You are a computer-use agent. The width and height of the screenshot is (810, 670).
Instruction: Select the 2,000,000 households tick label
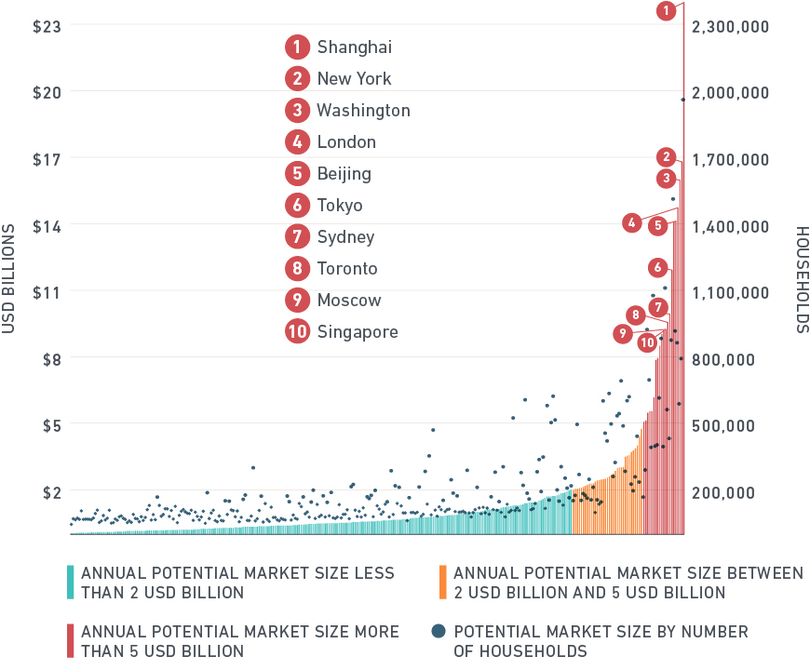731,93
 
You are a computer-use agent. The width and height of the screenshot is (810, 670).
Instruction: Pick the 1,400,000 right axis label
731,226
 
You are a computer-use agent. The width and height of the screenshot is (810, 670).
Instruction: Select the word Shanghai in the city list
354,47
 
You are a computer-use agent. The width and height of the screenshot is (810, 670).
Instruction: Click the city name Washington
363,110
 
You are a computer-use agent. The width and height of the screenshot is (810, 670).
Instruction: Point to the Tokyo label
340,205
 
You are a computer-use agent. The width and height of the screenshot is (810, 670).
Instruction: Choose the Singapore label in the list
358,331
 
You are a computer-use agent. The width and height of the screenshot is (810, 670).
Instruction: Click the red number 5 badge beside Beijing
297,173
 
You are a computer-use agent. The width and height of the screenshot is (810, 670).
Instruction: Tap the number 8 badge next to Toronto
297,268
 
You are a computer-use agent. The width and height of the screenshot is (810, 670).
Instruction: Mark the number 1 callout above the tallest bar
666,11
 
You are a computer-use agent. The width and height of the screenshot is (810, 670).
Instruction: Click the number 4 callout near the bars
632,222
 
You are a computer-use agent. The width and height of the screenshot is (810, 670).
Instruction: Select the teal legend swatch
71,583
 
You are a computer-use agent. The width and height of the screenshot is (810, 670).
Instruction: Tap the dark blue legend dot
439,632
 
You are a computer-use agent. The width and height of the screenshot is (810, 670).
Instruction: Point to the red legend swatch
71,640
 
